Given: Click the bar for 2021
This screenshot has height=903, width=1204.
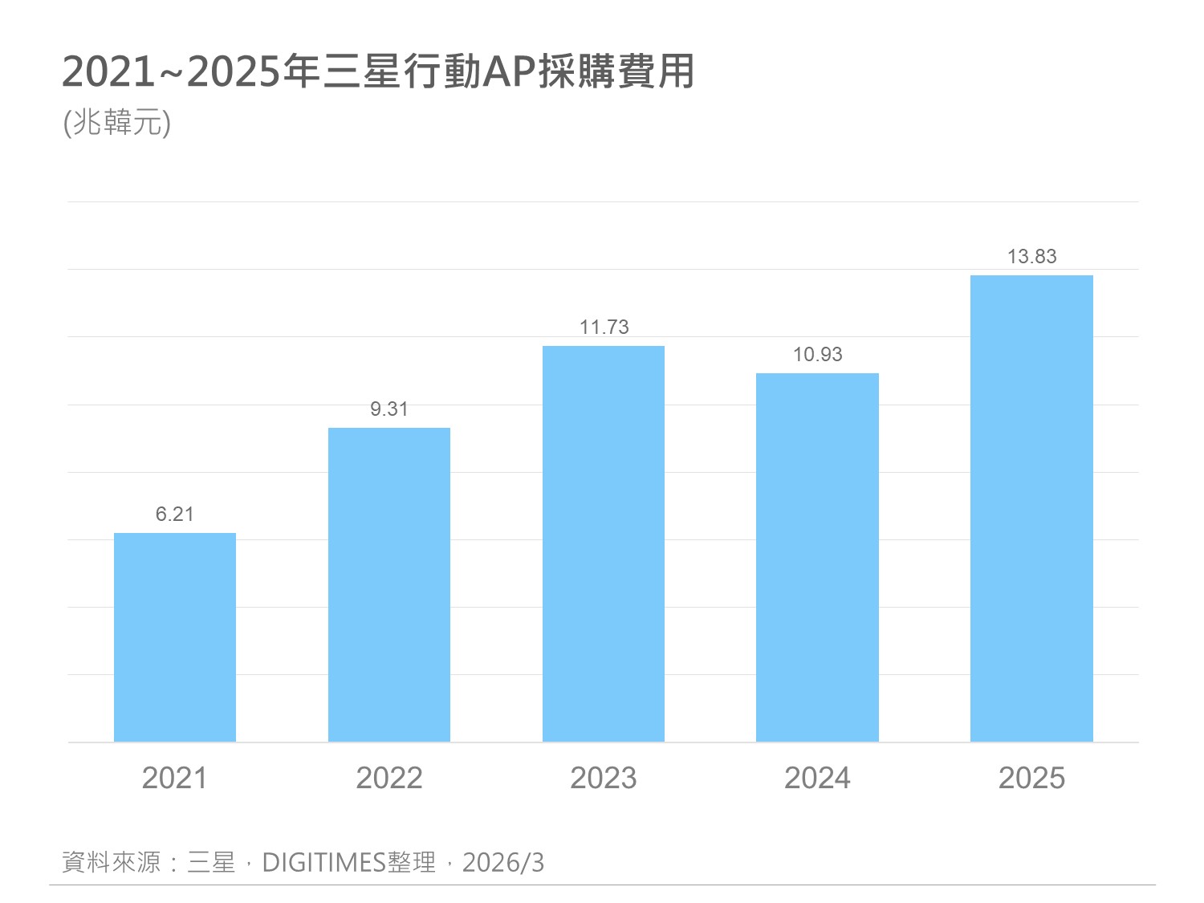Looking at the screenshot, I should [175, 637].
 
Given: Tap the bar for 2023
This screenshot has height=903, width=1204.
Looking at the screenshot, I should [604, 543].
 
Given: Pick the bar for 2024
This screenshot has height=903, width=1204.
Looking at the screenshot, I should [817, 557].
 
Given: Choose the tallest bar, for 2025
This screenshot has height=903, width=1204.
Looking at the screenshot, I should [1031, 508].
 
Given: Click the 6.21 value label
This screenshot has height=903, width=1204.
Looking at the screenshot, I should [175, 515].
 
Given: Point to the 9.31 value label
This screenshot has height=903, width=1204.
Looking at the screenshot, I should [389, 409].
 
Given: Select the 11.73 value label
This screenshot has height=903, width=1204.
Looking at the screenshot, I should [604, 327].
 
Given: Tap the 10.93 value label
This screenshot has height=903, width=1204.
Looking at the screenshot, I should [818, 355].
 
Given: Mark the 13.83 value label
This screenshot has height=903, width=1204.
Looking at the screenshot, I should [1032, 257].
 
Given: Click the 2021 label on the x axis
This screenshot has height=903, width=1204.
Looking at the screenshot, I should [174, 778].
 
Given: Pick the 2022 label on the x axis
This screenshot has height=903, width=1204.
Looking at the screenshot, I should [389, 778].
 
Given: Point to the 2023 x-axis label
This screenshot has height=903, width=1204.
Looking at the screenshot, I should [604, 778].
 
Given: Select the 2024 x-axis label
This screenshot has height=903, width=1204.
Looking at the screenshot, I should [817, 778].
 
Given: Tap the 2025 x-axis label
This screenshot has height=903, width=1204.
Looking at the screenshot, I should [1031, 778].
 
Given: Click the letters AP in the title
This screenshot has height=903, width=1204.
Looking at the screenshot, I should [510, 72].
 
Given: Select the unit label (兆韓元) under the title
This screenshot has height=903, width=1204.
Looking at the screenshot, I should [117, 123].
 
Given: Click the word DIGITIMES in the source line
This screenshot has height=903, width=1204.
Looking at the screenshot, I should [324, 863].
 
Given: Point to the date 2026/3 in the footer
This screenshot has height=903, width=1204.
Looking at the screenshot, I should [503, 863].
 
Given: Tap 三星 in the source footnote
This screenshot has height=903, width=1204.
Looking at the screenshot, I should [211, 863].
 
